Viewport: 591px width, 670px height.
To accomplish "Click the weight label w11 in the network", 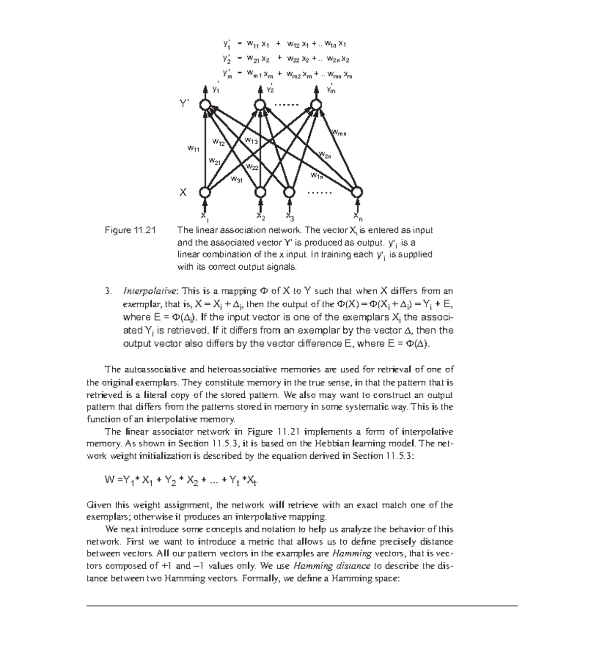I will tap(193, 148).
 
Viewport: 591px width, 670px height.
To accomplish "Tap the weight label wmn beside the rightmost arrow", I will tap(339, 132).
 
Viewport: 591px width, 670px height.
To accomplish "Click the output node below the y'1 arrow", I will tap(205, 105).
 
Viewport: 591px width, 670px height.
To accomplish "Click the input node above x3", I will tap(290, 192).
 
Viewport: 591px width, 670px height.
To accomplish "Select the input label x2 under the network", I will tap(261, 217).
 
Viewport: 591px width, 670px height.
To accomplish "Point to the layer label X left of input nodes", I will tap(183, 192).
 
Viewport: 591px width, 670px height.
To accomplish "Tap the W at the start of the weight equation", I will tap(109, 480).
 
